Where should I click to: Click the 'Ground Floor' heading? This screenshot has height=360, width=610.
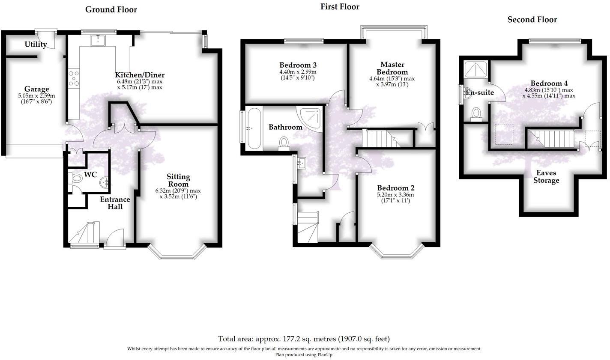pyautogui.click(x=111, y=9)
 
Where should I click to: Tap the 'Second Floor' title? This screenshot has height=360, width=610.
pyautogui.click(x=532, y=20)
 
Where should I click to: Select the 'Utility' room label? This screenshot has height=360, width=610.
pyautogui.click(x=36, y=45)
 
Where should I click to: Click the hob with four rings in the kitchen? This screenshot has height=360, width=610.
pyautogui.click(x=74, y=78)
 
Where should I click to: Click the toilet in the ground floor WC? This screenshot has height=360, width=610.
pyautogui.click(x=76, y=179)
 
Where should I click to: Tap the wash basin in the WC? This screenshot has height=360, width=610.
pyautogui.click(x=105, y=183)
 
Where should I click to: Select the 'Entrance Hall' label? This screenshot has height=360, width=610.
pyautogui.click(x=115, y=203)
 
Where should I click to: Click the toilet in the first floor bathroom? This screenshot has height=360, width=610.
pyautogui.click(x=284, y=143)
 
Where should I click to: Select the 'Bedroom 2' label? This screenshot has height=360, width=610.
pyautogui.click(x=395, y=188)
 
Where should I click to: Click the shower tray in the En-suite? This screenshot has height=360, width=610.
pyautogui.click(x=476, y=68)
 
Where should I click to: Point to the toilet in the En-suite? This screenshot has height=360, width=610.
pyautogui.click(x=476, y=114)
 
